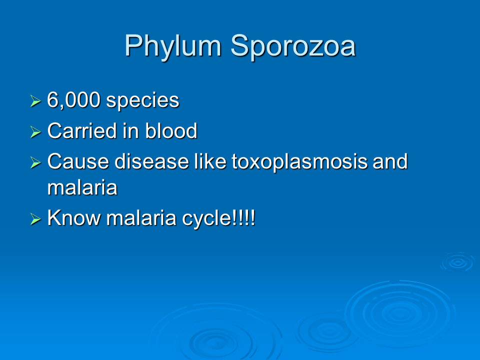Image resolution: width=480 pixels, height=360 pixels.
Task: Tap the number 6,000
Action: tap(74, 100)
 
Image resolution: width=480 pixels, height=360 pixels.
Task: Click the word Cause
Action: tap(78, 161)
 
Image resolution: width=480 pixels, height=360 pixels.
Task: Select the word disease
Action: tap(151, 161)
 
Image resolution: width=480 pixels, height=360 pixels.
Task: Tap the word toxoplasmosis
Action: tap(299, 162)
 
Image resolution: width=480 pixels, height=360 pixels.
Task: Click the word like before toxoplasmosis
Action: tap(210, 161)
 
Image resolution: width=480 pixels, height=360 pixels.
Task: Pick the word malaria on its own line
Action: tap(82, 187)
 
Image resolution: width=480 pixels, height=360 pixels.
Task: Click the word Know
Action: tap(74, 217)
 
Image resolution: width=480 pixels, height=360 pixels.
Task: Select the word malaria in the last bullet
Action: tap(141, 217)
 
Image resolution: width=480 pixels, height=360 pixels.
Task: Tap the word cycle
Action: tap(206, 219)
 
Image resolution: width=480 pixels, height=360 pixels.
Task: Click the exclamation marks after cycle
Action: tap(243, 217)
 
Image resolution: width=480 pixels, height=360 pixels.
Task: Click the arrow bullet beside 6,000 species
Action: tap(36, 101)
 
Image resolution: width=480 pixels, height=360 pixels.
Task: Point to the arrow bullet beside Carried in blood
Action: tap(36, 132)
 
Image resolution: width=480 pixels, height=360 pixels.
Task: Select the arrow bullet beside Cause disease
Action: tap(36, 162)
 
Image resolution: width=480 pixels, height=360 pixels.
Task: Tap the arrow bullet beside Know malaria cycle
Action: tap(36, 219)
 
